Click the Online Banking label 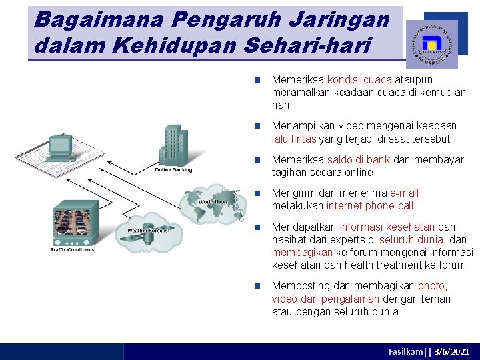click(x=173, y=169)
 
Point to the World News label click(x=213, y=201)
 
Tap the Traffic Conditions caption click(x=72, y=250)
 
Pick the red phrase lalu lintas click(x=294, y=139)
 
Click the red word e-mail click(x=405, y=193)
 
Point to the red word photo click(x=431, y=285)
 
